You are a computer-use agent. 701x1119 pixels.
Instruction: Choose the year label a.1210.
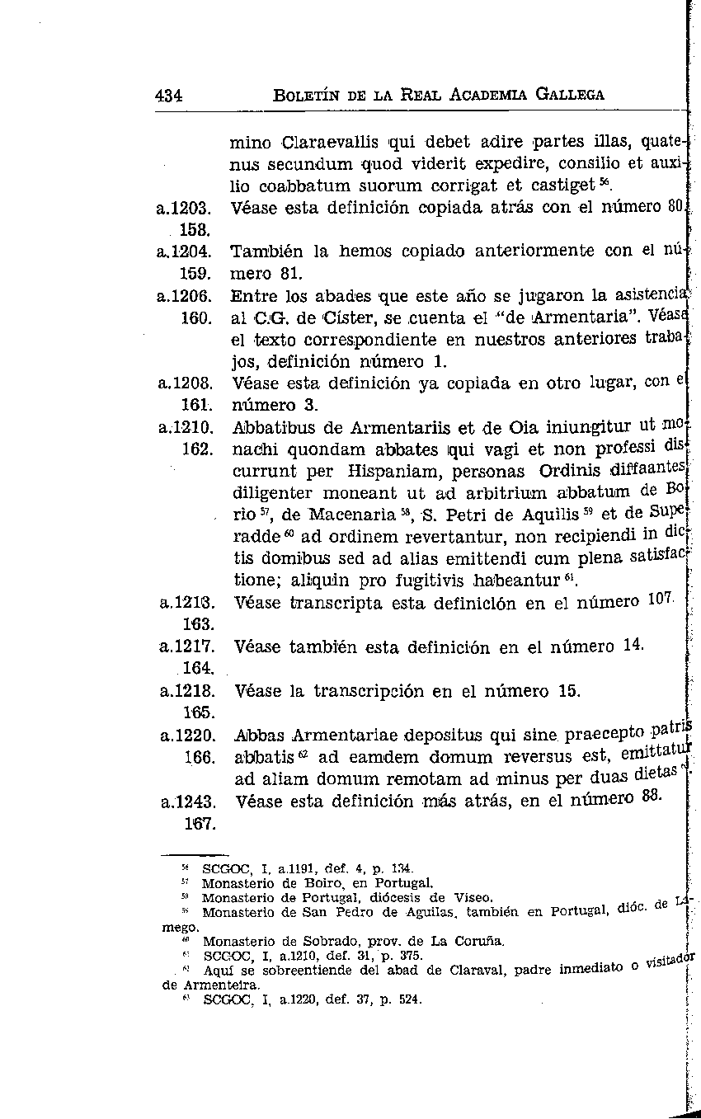186,428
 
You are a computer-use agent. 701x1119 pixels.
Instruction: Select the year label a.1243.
186,801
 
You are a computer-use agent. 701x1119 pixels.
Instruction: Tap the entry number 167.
198,823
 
